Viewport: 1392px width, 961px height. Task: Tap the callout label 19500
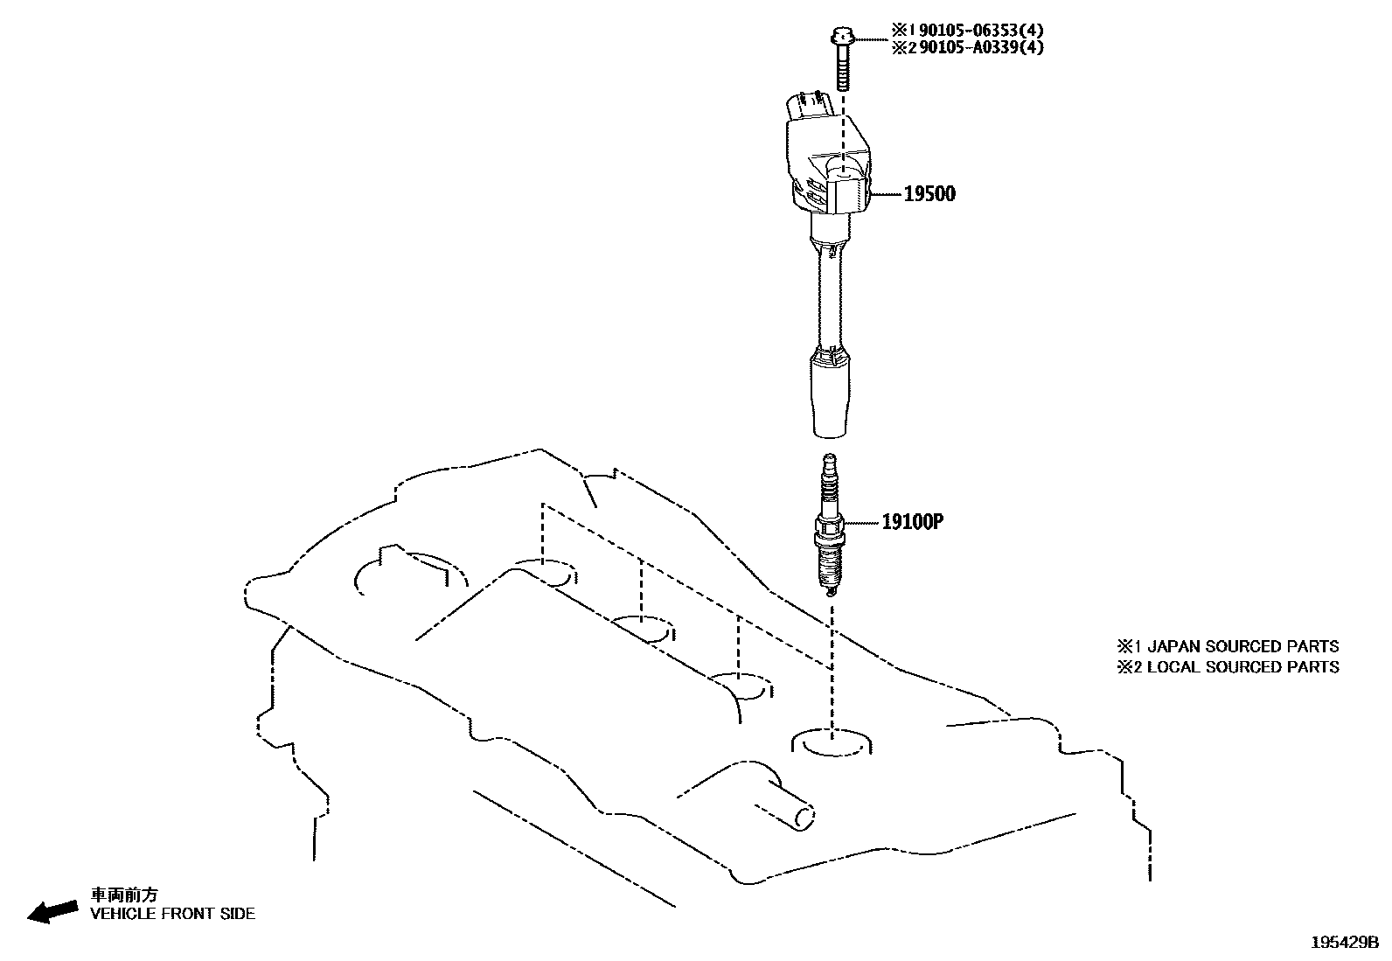click(x=929, y=194)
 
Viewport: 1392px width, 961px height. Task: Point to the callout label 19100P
click(x=912, y=522)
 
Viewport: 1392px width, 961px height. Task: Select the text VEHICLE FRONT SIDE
click(x=173, y=914)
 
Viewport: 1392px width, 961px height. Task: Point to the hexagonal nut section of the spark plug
click(x=829, y=527)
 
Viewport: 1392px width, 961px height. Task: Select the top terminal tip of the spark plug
click(x=830, y=461)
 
